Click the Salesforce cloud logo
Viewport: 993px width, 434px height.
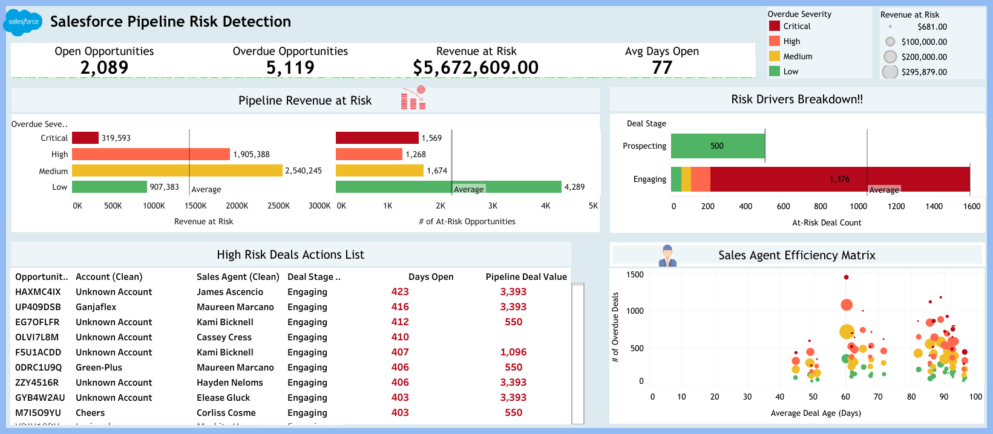(23, 22)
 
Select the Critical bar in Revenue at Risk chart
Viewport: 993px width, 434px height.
(85, 138)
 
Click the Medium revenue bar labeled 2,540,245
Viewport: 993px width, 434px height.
(177, 170)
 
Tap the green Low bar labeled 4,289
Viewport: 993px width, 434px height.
(448, 187)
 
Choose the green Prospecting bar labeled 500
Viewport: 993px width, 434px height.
(718, 146)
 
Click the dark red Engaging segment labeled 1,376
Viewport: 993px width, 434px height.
(839, 179)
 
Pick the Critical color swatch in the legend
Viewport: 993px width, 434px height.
(775, 26)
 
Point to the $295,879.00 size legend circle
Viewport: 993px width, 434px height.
(890, 72)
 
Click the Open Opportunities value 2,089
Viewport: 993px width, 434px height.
(104, 67)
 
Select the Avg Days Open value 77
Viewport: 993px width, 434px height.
(662, 67)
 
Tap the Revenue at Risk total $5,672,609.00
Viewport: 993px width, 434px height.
(476, 67)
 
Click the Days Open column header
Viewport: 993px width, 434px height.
(431, 277)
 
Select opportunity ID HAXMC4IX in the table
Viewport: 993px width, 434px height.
(38, 292)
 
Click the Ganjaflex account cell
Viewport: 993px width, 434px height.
(96, 307)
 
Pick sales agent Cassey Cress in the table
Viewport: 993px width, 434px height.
(224, 337)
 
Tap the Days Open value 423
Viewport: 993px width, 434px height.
(400, 292)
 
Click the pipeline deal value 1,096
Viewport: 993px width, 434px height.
(513, 352)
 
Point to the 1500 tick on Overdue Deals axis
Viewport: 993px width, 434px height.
(635, 274)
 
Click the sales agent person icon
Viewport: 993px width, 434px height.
(667, 255)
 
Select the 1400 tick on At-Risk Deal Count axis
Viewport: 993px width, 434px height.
(934, 206)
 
